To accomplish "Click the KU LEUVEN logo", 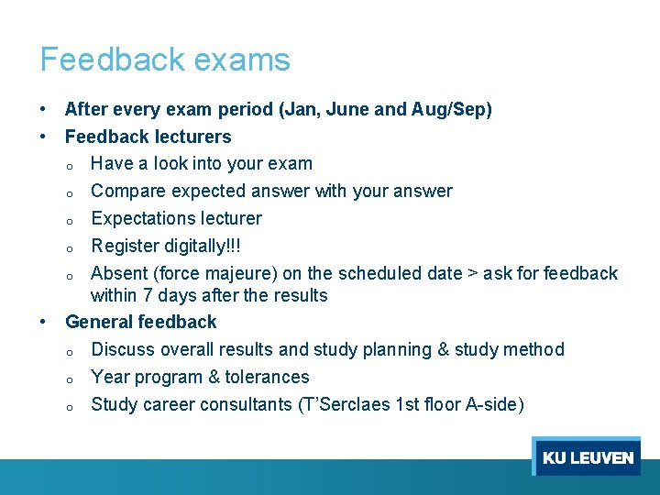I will click(587, 457).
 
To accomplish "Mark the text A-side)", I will click(494, 404).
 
